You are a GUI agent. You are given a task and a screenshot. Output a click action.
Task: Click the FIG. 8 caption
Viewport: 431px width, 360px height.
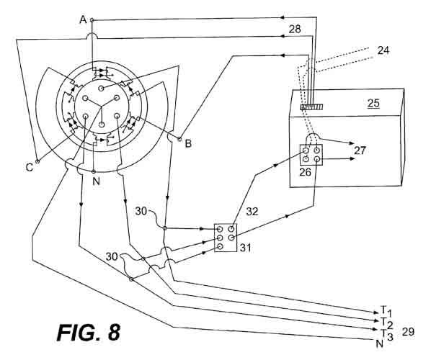pos(89,332)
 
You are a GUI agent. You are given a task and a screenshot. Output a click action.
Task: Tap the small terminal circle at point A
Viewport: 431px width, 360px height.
pos(92,20)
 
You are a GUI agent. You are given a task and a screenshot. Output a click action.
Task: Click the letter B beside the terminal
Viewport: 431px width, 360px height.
pos(188,143)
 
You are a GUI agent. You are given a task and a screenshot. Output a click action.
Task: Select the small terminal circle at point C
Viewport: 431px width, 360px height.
pos(37,161)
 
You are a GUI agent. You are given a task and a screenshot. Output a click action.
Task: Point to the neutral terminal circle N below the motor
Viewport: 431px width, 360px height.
pos(94,171)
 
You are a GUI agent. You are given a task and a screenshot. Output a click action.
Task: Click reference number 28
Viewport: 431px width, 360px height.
pos(295,29)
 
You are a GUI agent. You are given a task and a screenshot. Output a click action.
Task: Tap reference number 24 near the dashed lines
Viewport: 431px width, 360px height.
pos(383,50)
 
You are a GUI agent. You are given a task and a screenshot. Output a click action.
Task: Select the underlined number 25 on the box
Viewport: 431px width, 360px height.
pos(373,103)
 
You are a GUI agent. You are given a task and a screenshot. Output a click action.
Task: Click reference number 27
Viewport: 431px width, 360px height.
pos(360,150)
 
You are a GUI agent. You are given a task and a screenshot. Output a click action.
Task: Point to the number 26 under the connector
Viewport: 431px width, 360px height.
pos(305,172)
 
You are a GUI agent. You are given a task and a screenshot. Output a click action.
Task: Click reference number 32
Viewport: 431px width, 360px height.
pos(252,212)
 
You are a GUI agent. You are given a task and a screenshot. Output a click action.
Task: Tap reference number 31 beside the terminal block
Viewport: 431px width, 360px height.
pos(246,248)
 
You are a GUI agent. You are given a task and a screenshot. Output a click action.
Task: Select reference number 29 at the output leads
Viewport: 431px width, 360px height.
pos(408,332)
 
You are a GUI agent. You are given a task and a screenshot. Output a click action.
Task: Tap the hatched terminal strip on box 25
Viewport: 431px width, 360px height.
pos(311,107)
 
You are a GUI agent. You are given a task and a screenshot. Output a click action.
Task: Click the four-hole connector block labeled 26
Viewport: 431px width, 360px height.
pos(311,155)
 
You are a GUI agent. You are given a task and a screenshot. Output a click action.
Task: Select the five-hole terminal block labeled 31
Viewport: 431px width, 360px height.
pos(226,238)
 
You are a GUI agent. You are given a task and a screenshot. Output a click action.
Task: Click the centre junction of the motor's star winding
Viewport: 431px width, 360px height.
pos(102,107)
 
